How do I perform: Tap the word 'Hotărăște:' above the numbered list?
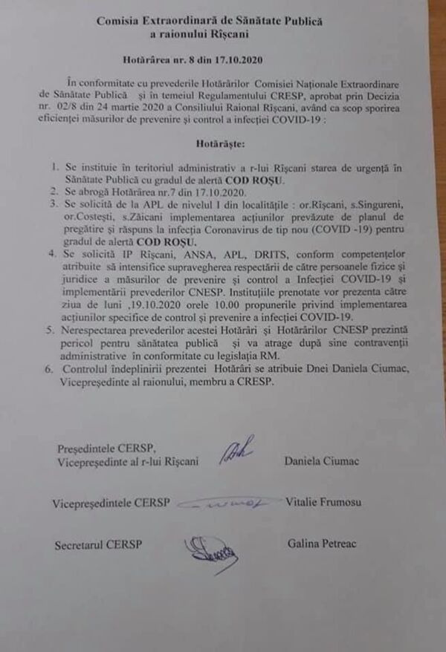click(x=211, y=140)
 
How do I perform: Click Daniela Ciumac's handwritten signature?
click(x=236, y=450)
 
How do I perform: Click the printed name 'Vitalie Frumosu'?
click(x=323, y=503)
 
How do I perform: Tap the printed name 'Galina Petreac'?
click(x=322, y=544)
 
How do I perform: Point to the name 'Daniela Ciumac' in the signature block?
click(x=321, y=462)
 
